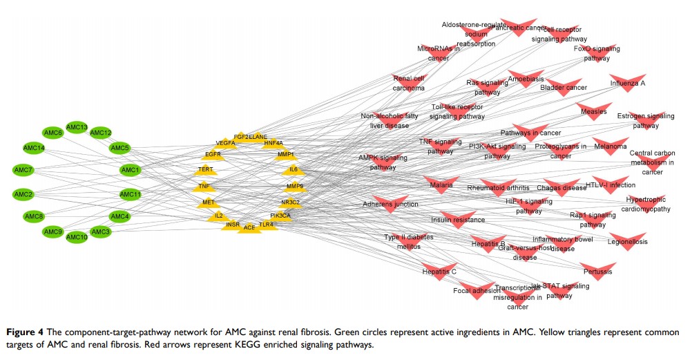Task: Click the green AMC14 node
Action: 34,149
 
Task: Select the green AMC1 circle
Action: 131,170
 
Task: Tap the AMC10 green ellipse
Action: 76,237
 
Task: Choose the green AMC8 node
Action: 34,216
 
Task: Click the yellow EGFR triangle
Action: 213,153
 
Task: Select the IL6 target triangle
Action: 294,169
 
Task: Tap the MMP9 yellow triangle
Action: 295,186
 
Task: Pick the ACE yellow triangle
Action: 249,227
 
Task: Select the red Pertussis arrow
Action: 598,271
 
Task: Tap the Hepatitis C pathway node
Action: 440,271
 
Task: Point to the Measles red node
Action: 593,111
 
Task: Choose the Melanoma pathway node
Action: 611,146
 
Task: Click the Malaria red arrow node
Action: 441,185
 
